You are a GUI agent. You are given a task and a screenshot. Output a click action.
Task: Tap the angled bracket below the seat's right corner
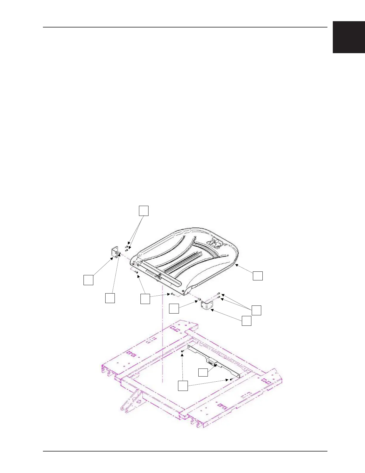pos(206,305)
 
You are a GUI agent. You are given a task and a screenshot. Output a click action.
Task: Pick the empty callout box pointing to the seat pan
pos(258,276)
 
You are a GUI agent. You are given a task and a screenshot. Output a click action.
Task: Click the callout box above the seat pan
pos(143,211)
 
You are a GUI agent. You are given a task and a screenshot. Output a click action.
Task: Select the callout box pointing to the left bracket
pos(88,280)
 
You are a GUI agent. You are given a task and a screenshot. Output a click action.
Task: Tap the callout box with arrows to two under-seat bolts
pos(145,299)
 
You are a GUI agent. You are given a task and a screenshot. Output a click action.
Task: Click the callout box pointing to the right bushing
pos(174,308)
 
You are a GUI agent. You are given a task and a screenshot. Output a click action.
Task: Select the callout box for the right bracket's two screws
pos(256,310)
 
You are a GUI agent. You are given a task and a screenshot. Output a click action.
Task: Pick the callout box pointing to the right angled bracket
pos(246,321)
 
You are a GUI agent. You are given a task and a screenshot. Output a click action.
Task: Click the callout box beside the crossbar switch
pos(203,372)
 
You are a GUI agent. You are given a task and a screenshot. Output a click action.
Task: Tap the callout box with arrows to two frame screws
pos(183,386)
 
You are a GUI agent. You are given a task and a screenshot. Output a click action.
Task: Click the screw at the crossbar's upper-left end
pos(182,351)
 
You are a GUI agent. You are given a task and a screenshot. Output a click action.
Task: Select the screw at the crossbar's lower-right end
pos(231,380)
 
